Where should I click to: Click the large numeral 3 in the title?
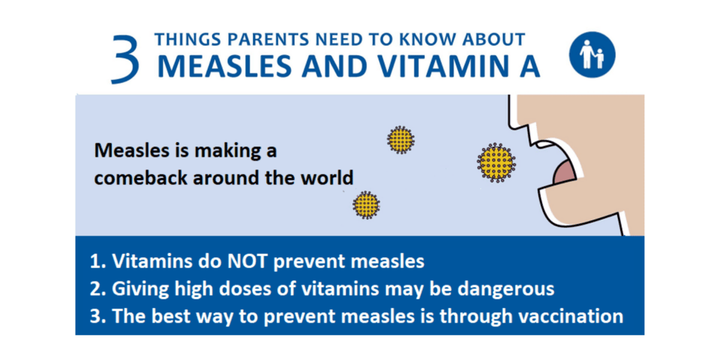125,58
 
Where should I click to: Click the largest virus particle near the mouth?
496,162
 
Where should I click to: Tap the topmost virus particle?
400,140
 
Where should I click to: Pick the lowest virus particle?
366,205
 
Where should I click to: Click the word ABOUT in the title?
496,40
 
